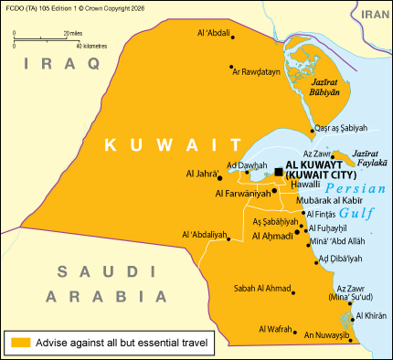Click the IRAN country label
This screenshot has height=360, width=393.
coord(374,15)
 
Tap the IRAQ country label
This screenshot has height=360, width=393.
coord(61,62)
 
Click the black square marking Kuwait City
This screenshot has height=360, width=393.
coord(279,171)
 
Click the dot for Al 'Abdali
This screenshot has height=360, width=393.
coord(234,37)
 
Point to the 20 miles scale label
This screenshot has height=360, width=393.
coord(74,32)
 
